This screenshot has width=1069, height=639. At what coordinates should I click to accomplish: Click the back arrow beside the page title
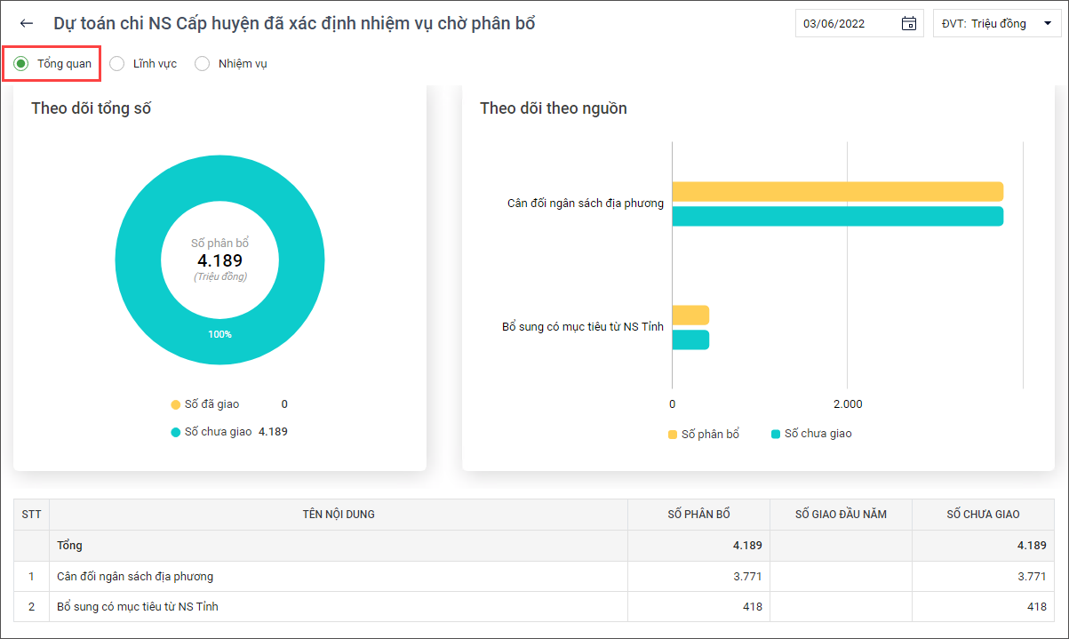[27, 24]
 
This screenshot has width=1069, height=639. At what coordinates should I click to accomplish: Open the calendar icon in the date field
[908, 24]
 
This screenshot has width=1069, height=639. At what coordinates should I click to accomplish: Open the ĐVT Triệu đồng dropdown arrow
[1045, 24]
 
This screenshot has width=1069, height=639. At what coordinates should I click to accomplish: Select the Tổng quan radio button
[21, 63]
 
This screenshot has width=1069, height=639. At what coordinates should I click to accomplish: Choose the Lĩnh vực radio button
[117, 63]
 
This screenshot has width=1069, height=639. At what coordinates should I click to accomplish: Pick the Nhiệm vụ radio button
[203, 63]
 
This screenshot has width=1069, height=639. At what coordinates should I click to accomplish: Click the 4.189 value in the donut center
[219, 260]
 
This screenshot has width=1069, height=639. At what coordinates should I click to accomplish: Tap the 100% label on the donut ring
[219, 334]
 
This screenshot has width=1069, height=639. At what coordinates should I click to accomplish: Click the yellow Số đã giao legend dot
[176, 404]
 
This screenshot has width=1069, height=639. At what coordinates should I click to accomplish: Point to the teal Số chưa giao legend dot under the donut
[176, 432]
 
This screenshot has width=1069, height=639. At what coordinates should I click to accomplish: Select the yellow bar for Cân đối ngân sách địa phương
[837, 192]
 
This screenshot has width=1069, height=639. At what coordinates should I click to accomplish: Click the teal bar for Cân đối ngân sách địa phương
[837, 216]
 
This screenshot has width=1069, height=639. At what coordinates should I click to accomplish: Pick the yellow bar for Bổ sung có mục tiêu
[690, 315]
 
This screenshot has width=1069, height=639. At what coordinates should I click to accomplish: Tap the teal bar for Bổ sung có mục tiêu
[690, 339]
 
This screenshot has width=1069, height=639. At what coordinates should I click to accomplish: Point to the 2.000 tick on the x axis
[847, 404]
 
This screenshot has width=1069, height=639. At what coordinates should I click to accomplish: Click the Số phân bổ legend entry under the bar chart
[703, 434]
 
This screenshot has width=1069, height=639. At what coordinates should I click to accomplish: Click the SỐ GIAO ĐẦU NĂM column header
[841, 515]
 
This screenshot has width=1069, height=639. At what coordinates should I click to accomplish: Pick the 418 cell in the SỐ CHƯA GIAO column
[1036, 606]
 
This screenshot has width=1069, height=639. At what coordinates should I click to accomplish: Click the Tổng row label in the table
[69, 545]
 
